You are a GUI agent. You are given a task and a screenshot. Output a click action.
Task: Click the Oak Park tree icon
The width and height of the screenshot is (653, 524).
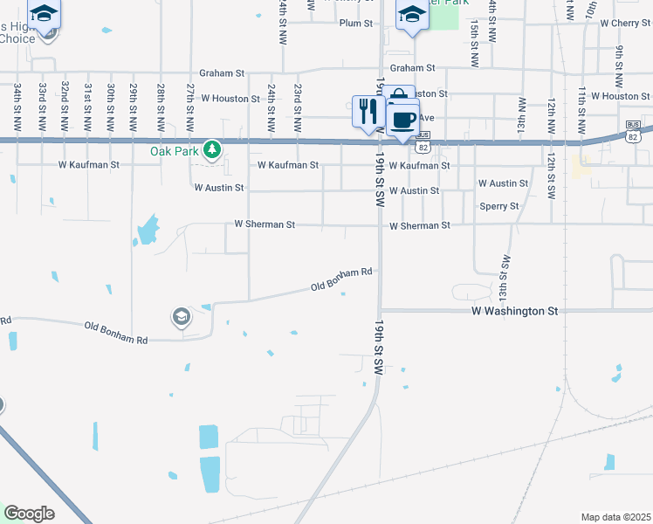pyautogui.click(x=211, y=151)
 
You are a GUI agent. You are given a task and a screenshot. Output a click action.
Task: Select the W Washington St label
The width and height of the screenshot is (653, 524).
pyautogui.click(x=514, y=310)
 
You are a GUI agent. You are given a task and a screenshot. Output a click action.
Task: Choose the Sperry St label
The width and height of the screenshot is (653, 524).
pyautogui.click(x=499, y=206)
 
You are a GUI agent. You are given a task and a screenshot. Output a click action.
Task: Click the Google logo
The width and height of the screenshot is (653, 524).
pyautogui.click(x=29, y=514)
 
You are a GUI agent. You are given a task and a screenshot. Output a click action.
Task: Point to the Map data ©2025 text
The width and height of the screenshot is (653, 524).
pyautogui.click(x=615, y=517)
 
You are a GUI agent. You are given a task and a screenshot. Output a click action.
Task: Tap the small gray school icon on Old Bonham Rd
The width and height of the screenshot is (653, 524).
pyautogui.click(x=182, y=316)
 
